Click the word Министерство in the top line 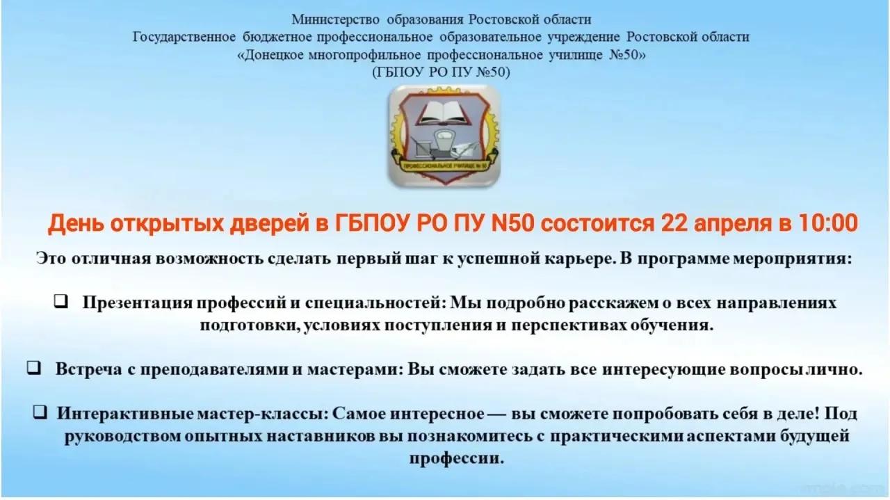[x=336, y=19]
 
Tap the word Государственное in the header [x=184, y=37]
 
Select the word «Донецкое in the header [x=270, y=55]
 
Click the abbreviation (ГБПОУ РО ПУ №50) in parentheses [x=441, y=72]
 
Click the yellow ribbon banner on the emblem [x=444, y=165]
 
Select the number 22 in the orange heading [x=674, y=223]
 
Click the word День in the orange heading [x=76, y=223]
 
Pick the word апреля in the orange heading [x=733, y=224]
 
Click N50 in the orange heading [x=512, y=223]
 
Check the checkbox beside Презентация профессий [x=60, y=301]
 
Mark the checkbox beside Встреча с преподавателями [x=34, y=367]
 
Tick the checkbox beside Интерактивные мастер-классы [x=40, y=412]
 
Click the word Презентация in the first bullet [x=138, y=303]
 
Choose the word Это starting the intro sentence [x=51, y=259]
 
